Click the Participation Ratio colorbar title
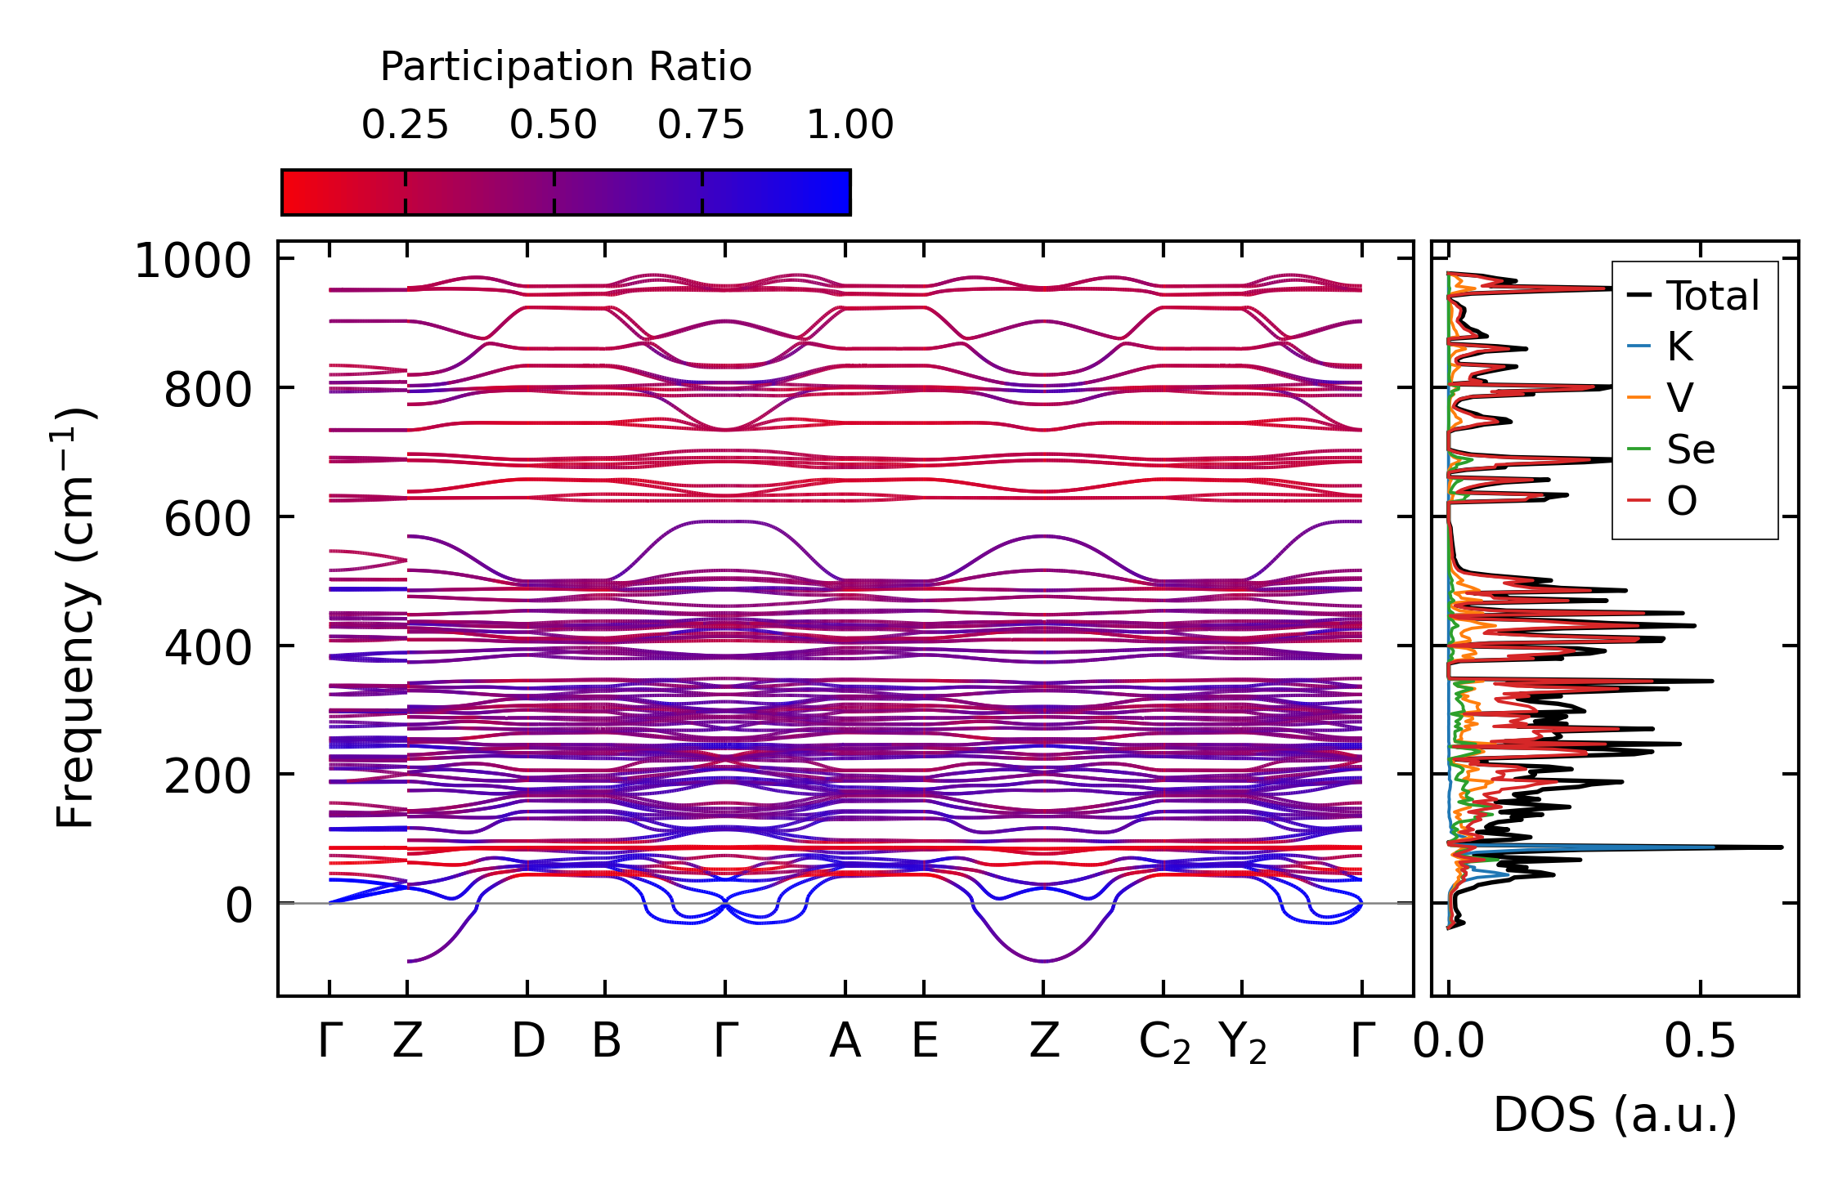point(565,67)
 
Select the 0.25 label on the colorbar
point(405,126)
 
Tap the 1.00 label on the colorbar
point(850,126)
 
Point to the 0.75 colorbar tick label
point(702,126)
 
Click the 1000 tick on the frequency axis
point(193,262)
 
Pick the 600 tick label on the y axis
point(208,520)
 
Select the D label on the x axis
point(527,1042)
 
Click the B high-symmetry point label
point(606,1042)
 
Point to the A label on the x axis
point(845,1042)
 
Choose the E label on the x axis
point(925,1042)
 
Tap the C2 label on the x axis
point(1164,1044)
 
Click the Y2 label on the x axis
point(1243,1044)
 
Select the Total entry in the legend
point(1712,296)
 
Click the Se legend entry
point(1690,449)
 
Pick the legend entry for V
point(1679,398)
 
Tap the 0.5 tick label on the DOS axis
point(1700,1042)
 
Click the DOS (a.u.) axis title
point(1615,1115)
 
